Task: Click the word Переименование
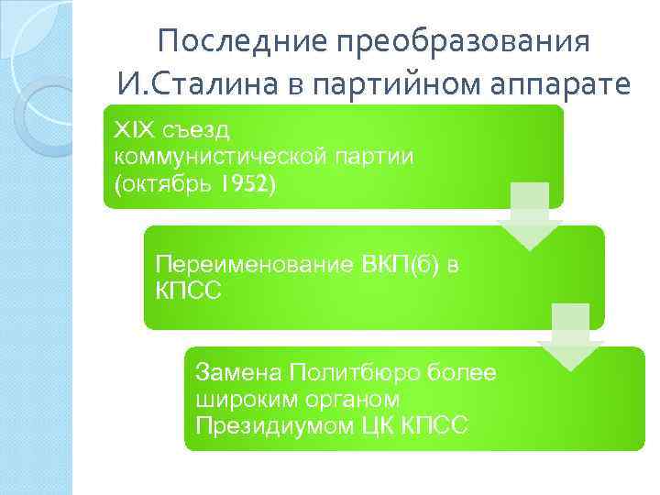click(250, 267)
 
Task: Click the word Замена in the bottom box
click(237, 373)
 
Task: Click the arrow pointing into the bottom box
click(569, 338)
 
